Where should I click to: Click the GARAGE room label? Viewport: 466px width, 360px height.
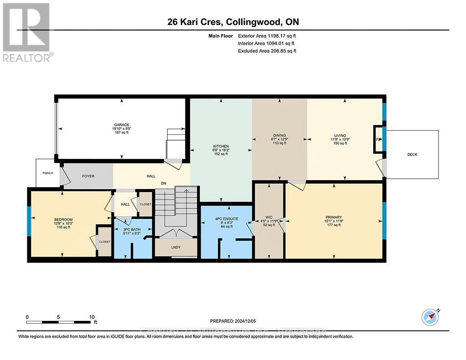click(x=122, y=125)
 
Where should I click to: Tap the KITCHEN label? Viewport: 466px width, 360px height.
click(x=221, y=147)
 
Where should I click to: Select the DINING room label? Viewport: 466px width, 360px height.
click(x=279, y=135)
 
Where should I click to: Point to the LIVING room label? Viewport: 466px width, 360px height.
click(x=340, y=135)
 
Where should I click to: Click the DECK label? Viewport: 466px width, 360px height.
click(x=412, y=154)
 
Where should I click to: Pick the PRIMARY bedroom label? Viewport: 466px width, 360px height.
click(x=334, y=217)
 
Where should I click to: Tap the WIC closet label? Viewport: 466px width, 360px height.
click(x=269, y=218)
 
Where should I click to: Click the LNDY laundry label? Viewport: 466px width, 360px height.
click(x=176, y=248)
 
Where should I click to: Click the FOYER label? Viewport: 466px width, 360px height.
click(x=88, y=176)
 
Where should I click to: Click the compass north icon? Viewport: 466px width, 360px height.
click(x=430, y=317)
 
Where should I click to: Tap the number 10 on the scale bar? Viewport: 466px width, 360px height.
click(x=92, y=317)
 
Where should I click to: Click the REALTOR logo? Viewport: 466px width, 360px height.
click(x=27, y=32)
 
